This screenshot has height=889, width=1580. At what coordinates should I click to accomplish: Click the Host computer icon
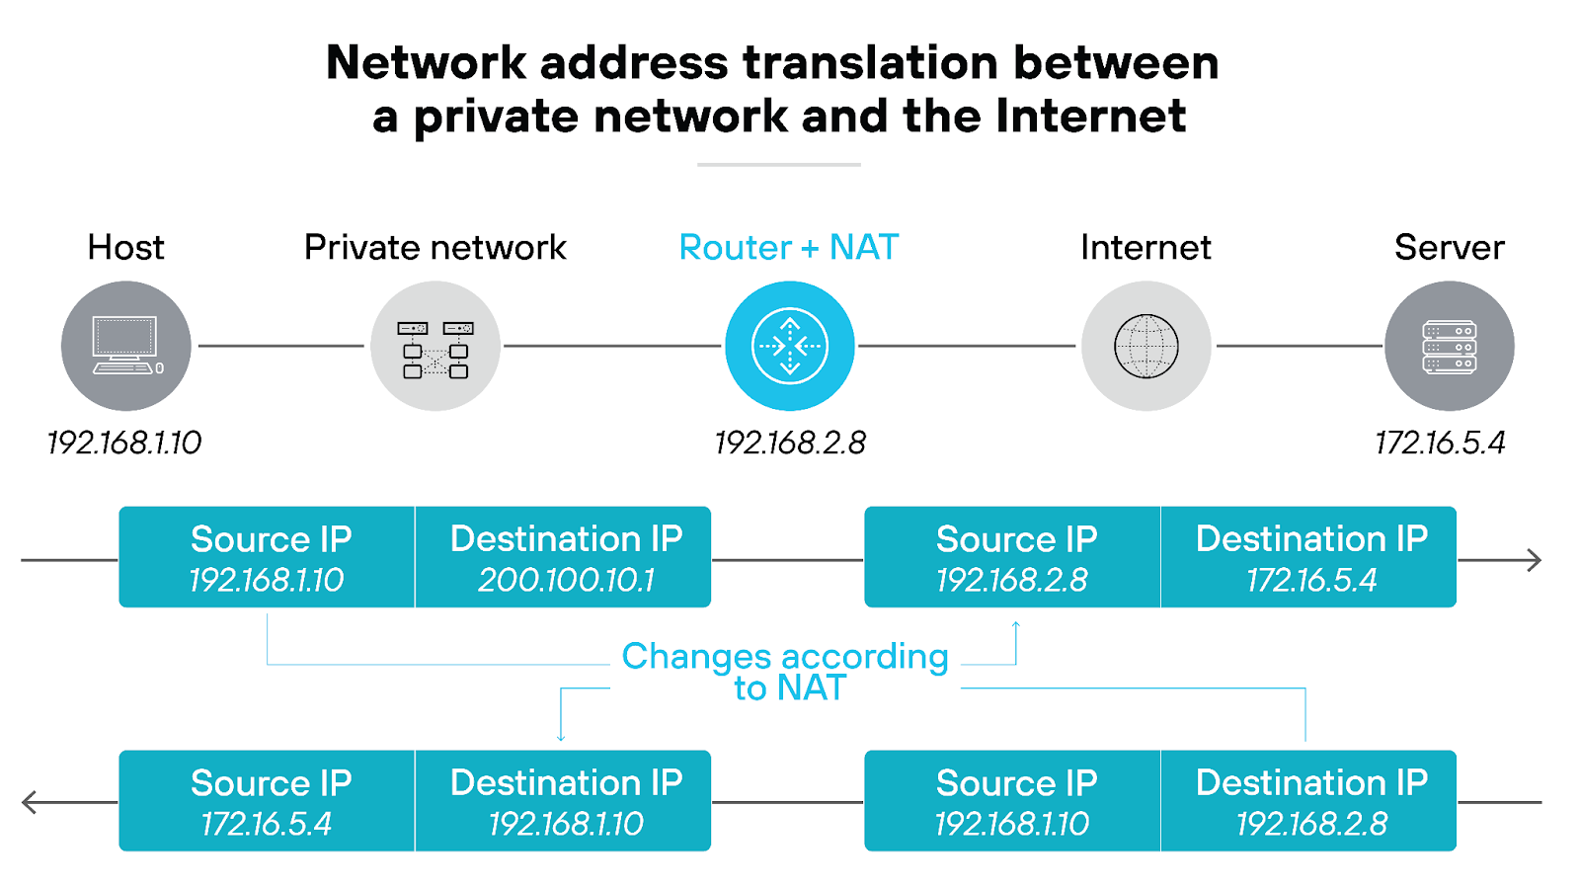click(x=125, y=346)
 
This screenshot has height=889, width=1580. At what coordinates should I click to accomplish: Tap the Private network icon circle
click(x=435, y=346)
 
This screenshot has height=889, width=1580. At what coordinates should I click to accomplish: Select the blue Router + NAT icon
click(x=790, y=346)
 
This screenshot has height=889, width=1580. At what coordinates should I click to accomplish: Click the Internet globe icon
click(x=1146, y=346)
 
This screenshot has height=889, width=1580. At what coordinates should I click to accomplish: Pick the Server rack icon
click(x=1450, y=346)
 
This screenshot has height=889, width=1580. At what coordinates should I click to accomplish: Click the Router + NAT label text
click(x=789, y=247)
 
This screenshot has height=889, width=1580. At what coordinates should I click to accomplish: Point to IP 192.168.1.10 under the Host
click(x=124, y=443)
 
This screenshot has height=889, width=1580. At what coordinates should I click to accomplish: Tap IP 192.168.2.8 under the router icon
click(x=790, y=443)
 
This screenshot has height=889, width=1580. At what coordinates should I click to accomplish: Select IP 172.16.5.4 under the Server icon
click(x=1440, y=443)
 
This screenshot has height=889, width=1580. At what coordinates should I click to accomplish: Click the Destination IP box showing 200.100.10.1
click(x=564, y=557)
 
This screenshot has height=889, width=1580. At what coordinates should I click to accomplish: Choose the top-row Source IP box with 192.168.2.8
click(x=1013, y=557)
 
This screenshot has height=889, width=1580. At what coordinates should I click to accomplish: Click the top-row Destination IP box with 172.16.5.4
click(x=1309, y=557)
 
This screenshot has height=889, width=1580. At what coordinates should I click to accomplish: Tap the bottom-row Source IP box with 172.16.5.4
click(x=268, y=801)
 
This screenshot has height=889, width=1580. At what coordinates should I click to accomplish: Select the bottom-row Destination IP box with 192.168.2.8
click(x=1309, y=801)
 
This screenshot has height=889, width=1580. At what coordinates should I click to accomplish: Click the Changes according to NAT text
click(x=786, y=672)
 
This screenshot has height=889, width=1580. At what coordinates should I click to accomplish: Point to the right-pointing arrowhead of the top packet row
click(x=1534, y=560)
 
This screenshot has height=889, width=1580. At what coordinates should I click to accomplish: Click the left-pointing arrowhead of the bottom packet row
click(x=30, y=802)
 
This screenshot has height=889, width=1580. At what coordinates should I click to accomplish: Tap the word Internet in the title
click(x=1090, y=116)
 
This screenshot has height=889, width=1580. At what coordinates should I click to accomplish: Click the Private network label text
click(x=435, y=247)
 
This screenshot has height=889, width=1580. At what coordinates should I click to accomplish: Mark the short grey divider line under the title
click(x=779, y=165)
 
